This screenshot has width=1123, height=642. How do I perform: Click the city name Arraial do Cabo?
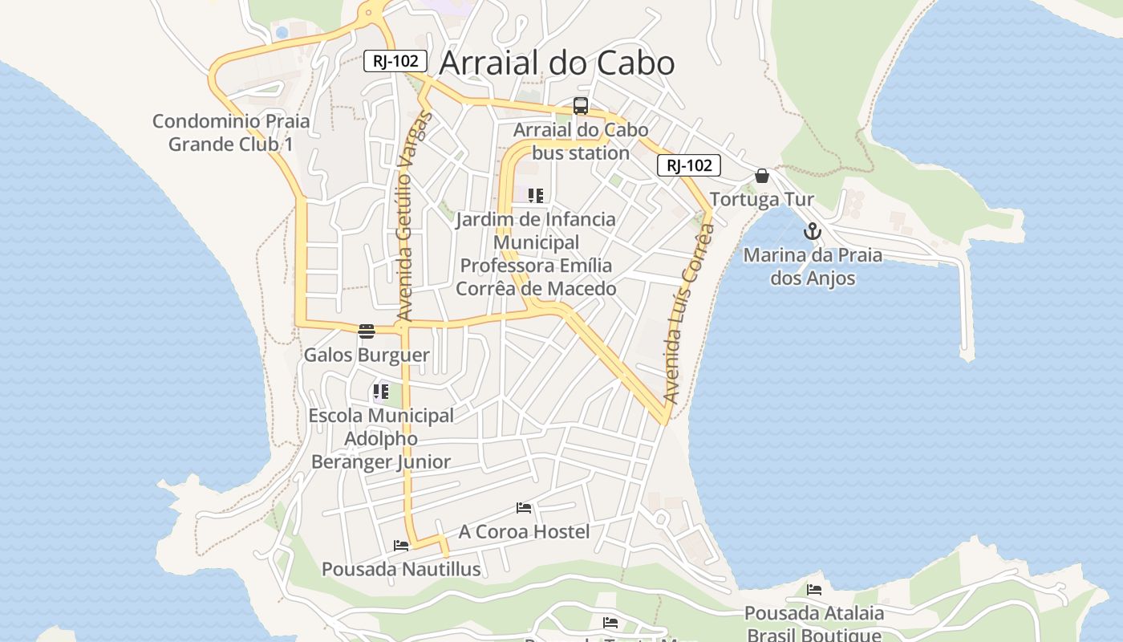[x=557, y=63]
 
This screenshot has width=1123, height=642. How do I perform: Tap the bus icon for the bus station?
[x=581, y=106]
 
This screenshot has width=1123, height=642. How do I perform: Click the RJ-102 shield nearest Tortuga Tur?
[x=689, y=165]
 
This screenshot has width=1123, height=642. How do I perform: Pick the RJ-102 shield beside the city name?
[x=395, y=61]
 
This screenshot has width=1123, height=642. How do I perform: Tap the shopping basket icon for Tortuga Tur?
[x=762, y=176]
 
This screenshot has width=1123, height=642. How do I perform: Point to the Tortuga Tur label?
[x=762, y=199]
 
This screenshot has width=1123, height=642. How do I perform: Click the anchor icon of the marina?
[x=813, y=232]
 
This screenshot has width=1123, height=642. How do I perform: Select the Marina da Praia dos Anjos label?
[x=813, y=266]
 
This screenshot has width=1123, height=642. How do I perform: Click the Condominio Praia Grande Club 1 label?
[x=231, y=133]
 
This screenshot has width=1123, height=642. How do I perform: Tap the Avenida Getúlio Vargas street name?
[x=413, y=217]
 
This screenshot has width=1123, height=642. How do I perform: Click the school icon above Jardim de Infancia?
[x=536, y=195]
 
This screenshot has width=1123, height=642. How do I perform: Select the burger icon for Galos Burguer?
[x=367, y=331]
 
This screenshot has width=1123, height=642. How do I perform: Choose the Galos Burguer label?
[x=367, y=355]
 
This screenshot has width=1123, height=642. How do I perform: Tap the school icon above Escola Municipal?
[x=381, y=392]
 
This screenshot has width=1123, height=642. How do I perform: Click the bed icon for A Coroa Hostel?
[x=524, y=508]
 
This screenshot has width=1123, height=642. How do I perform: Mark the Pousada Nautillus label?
[x=401, y=569]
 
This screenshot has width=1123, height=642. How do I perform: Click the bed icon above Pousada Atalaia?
[x=814, y=590]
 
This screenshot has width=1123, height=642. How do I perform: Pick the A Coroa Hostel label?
[x=524, y=531]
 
